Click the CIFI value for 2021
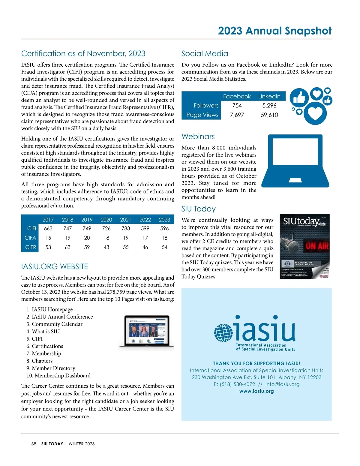126,228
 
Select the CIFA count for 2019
87,238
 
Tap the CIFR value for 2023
164,247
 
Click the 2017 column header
48,220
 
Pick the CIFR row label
31,247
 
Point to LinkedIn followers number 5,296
269,105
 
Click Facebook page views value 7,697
237,115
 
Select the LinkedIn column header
269,96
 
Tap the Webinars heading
198,137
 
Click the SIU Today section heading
198,209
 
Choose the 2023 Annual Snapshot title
274,31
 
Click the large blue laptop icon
295,161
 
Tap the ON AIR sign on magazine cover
317,246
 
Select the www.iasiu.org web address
256,391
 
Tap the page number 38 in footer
34,444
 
